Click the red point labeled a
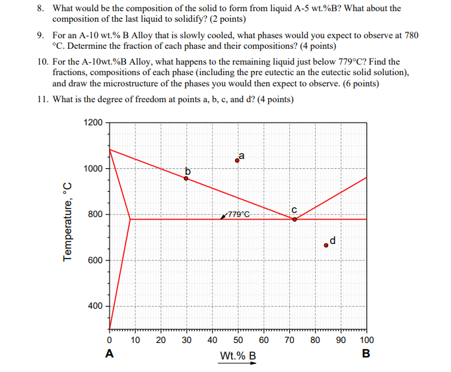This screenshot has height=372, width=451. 238,160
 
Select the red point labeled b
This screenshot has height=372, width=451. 186,178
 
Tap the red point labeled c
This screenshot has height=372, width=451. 295,219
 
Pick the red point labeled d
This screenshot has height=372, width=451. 326,245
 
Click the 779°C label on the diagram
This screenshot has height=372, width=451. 238,214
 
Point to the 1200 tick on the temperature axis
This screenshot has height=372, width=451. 94,123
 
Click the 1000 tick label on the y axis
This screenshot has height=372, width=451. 94,169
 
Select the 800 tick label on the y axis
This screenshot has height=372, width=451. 96,214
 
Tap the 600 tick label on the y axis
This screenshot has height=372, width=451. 96,261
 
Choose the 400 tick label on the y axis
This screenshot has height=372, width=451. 96,306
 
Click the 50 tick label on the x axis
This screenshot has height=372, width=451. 238,340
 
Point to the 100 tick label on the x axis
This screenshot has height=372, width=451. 366,340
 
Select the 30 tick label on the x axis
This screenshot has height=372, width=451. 187,340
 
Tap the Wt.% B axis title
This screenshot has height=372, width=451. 238,357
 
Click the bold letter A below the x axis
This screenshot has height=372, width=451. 109,354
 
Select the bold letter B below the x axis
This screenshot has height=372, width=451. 366,354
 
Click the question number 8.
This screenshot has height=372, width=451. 40,9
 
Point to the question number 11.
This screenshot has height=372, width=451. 40,100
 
